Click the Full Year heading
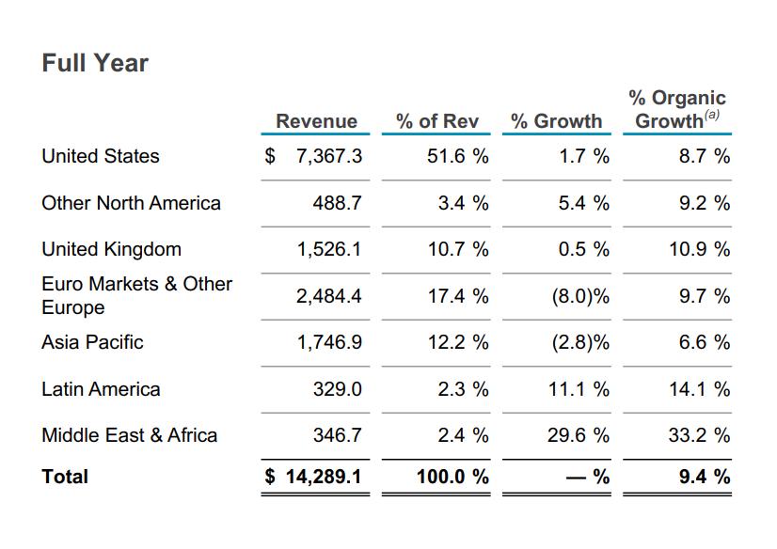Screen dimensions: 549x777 [x=95, y=63]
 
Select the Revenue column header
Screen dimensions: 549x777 [x=316, y=121]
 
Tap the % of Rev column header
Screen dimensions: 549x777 [x=436, y=121]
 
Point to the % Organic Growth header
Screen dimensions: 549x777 [x=677, y=109]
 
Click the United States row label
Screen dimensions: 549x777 [x=101, y=156]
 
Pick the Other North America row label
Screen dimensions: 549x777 [x=131, y=203]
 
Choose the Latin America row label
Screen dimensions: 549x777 [x=101, y=389]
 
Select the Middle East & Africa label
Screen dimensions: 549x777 [x=129, y=435]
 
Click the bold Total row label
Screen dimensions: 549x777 [x=65, y=477]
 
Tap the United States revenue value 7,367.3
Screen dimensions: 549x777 [x=328, y=157]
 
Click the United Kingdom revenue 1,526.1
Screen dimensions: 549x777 [x=328, y=250]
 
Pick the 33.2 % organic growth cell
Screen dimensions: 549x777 [x=699, y=436]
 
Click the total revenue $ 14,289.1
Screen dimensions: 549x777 [x=314, y=478]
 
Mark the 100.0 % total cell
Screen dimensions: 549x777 [x=452, y=478]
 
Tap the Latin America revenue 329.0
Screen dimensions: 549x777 [x=337, y=390]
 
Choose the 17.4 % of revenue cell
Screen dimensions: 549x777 [x=457, y=297]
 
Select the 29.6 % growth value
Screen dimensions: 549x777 [x=578, y=436]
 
